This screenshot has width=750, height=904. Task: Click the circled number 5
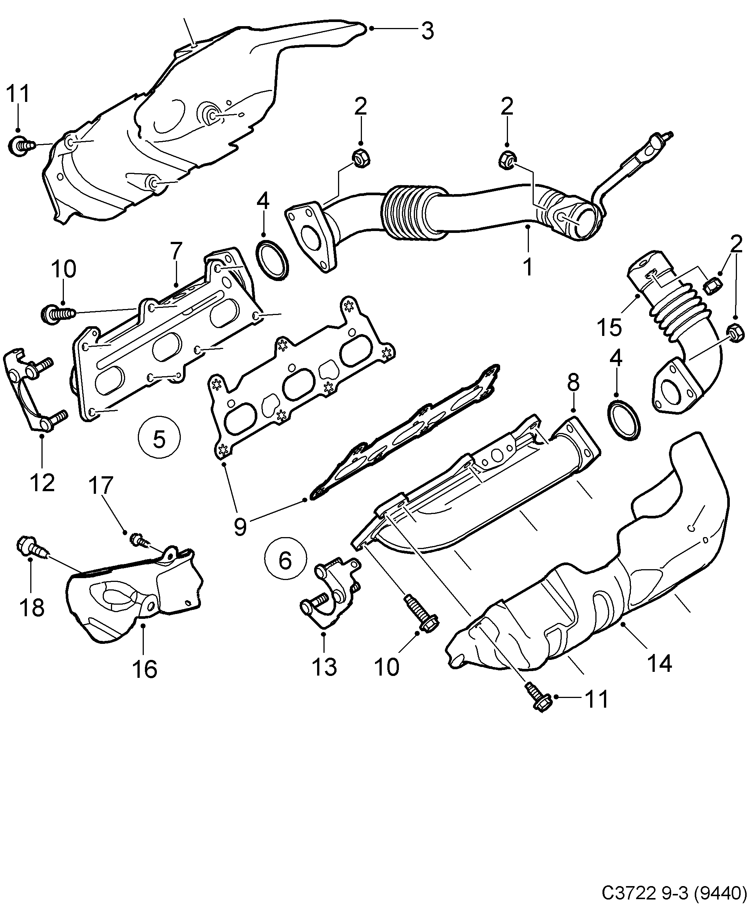tap(159, 438)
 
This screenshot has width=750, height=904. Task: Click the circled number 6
tap(286, 560)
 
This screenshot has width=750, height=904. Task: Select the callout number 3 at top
tap(427, 31)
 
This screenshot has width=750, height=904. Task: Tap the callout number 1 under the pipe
tap(528, 267)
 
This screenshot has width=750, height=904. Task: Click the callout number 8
tap(573, 382)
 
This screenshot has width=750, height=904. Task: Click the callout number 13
tap(324, 667)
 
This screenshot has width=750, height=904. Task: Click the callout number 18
tap(31, 607)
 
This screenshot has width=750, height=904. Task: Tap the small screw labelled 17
tap(139, 539)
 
